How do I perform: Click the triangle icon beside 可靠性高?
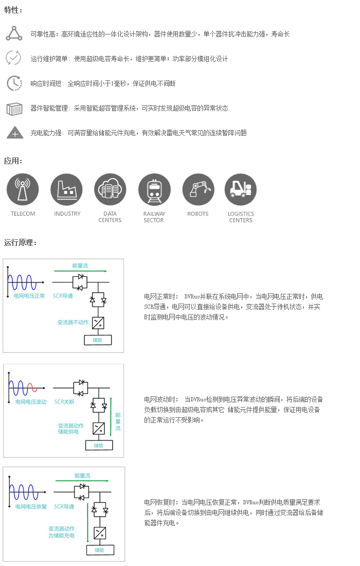coord(14,33)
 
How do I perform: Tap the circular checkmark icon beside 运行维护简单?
coord(14,58)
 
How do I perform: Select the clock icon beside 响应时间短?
coord(14,83)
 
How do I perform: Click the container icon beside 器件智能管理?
coord(14,108)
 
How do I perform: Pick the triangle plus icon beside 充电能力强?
coord(15,133)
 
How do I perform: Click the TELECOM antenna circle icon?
coord(23,189)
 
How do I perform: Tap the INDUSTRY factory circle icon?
coord(67,189)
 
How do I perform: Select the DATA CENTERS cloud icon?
coord(111,189)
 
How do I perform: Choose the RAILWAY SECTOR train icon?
coord(154,189)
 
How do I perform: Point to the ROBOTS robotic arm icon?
coord(199,189)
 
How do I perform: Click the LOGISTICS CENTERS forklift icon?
coord(241,189)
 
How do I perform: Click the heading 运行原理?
coord(20,242)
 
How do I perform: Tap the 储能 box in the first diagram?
coord(98,340)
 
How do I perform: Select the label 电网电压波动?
coord(31,402)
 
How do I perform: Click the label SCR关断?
coord(64,402)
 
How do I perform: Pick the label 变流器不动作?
coord(73,322)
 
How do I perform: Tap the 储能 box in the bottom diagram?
coord(100,550)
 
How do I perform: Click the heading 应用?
coord(13,161)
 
